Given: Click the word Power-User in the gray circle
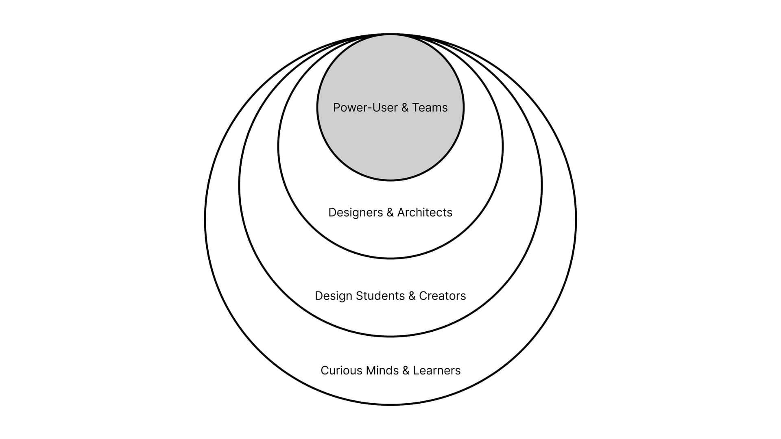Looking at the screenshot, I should (x=365, y=108).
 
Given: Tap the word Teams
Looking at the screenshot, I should (x=430, y=108).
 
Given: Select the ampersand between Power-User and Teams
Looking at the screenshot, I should (x=405, y=108).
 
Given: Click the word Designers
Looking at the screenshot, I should (x=356, y=213).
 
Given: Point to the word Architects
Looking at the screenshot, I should (x=425, y=213).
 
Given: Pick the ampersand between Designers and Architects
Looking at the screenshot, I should (x=390, y=213).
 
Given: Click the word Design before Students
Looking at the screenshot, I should (x=334, y=296).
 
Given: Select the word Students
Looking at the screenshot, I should (x=380, y=296).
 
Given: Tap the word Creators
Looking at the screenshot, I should (x=442, y=296).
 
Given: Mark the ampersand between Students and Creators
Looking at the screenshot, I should (x=412, y=296).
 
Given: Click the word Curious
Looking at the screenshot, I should (x=341, y=371).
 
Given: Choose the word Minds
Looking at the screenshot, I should (x=382, y=371).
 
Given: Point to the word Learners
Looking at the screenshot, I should (x=436, y=371).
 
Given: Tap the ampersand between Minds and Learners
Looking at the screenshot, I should (x=406, y=371).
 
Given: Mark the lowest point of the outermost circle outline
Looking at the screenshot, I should (x=390, y=404).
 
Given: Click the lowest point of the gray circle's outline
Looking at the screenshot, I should (x=390, y=180).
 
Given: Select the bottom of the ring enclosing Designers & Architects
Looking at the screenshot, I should (x=390, y=258).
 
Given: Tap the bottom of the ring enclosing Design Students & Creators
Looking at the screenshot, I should (x=390, y=336).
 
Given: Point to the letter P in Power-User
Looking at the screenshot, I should (x=336, y=108).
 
